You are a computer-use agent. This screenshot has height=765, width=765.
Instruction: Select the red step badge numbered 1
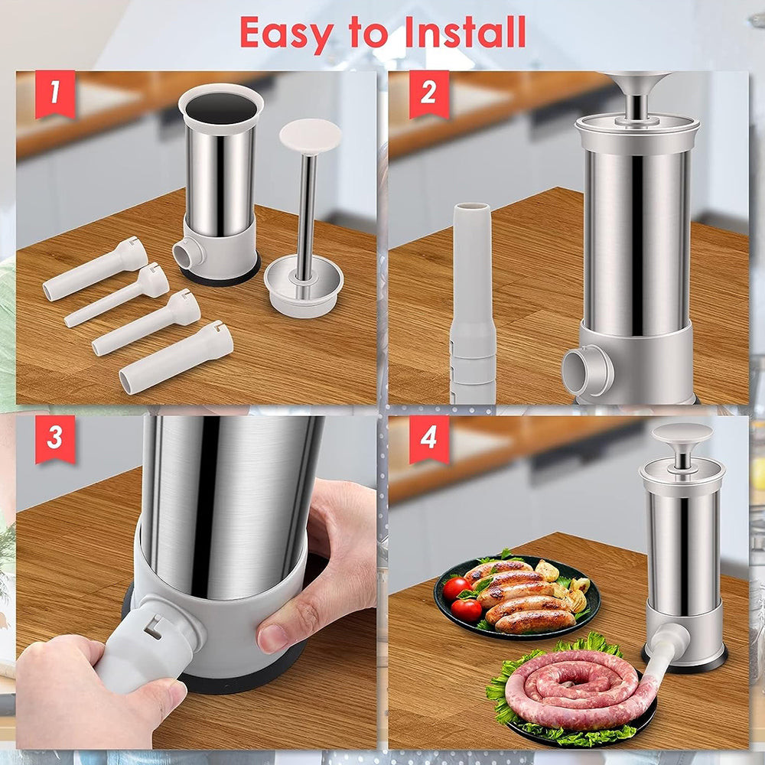click(55, 94)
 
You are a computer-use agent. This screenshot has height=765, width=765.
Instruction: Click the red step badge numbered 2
click(429, 94)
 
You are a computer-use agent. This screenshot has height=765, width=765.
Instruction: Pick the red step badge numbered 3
click(55, 439)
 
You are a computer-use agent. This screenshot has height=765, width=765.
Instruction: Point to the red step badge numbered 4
click(429, 439)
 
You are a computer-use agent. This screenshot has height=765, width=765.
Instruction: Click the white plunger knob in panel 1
click(310, 137)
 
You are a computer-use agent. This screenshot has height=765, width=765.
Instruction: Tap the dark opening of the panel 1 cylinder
click(221, 108)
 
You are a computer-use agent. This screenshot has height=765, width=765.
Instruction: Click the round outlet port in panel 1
click(188, 252)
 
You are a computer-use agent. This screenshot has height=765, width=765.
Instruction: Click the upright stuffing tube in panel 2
click(472, 302)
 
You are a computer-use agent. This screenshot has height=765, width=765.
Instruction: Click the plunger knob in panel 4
click(682, 433)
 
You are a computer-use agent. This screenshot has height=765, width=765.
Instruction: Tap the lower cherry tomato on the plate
click(467, 610)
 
